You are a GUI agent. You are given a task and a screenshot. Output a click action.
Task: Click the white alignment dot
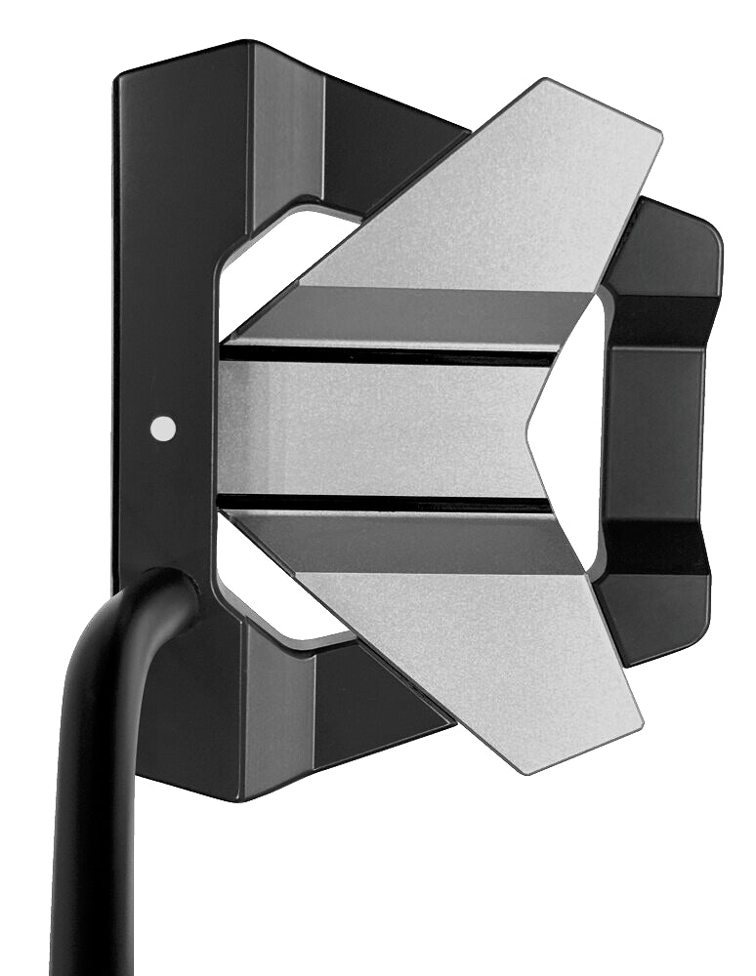(x=164, y=427)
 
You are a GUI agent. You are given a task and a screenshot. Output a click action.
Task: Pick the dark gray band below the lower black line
(x=410, y=542)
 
